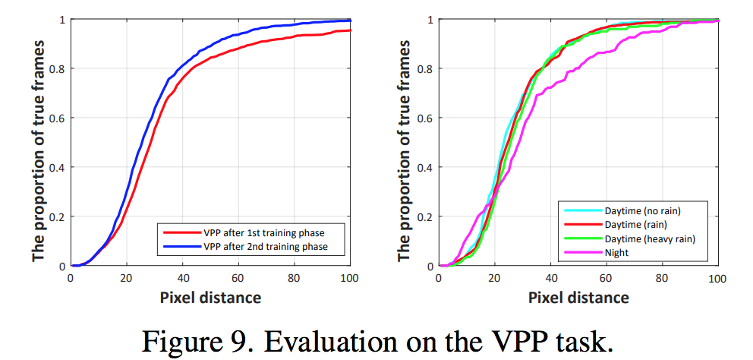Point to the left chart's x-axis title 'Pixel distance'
[x=210, y=297]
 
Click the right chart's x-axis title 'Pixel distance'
[x=578, y=297]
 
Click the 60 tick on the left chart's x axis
[x=238, y=277]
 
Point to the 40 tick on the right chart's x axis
[x=550, y=277]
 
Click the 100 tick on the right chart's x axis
[x=717, y=277]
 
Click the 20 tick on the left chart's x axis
[x=127, y=277]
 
